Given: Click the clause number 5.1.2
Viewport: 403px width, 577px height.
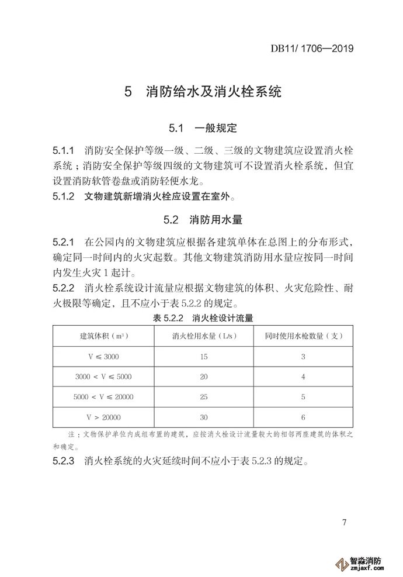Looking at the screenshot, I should point(64,196).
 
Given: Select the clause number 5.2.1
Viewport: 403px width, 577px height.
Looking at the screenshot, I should point(64,241).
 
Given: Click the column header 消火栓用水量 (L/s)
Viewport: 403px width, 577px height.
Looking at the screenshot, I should point(203,336).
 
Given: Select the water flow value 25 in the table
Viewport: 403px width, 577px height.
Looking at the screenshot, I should point(203,398).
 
